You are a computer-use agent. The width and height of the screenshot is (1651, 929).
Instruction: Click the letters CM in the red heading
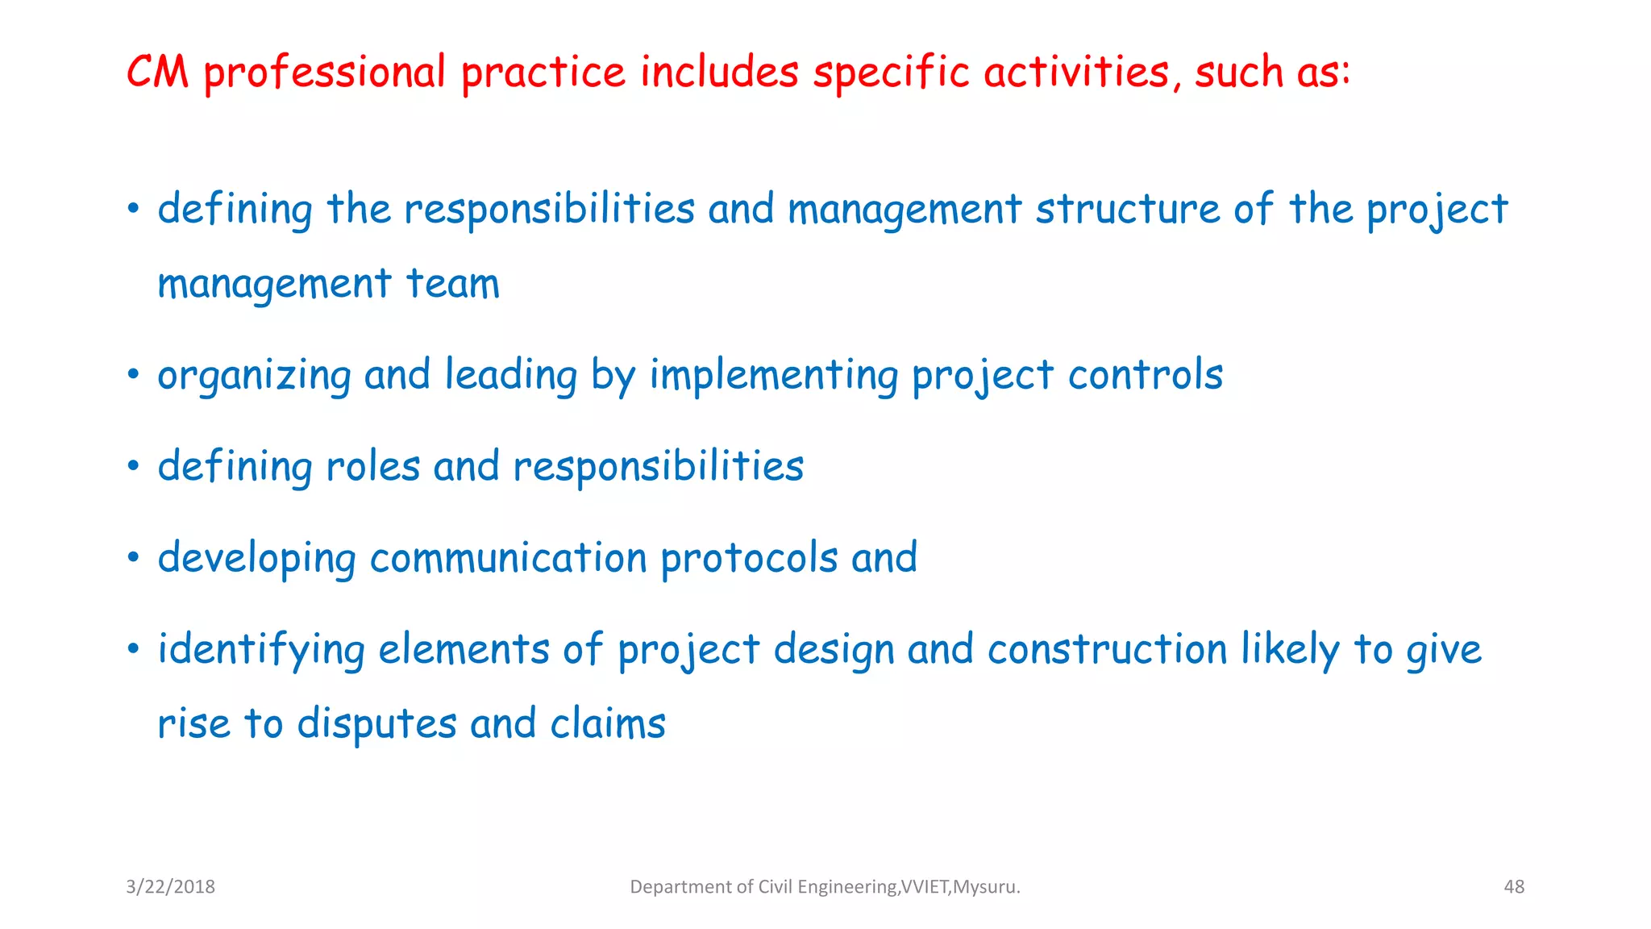click(158, 72)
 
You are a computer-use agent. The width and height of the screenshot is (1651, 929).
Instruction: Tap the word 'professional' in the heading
click(324, 73)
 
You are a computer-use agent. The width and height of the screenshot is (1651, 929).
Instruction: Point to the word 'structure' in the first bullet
click(1127, 209)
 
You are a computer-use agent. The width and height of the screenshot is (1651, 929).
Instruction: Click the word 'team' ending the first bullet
click(452, 284)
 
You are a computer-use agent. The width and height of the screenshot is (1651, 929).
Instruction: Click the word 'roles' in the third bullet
click(372, 466)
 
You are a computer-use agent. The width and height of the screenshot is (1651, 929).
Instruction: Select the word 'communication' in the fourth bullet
click(508, 558)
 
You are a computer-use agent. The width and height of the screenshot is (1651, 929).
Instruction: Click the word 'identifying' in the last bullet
click(260, 651)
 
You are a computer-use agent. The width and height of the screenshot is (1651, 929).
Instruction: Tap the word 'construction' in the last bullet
click(1108, 649)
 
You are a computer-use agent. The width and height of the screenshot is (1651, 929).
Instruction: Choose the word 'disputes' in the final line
click(376, 724)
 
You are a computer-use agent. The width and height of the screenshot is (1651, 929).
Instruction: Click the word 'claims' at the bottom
click(608, 723)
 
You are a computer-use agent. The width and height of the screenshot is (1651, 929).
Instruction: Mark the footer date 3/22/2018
click(170, 887)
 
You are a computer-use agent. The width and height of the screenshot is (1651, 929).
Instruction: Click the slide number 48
click(1514, 887)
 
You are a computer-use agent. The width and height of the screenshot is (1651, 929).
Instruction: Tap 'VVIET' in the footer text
click(925, 887)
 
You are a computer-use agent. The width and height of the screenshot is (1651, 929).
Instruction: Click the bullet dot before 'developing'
click(134, 557)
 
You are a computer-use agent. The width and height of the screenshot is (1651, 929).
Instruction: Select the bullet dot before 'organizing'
click(134, 375)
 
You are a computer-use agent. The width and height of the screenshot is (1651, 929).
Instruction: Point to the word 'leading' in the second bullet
click(511, 376)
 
